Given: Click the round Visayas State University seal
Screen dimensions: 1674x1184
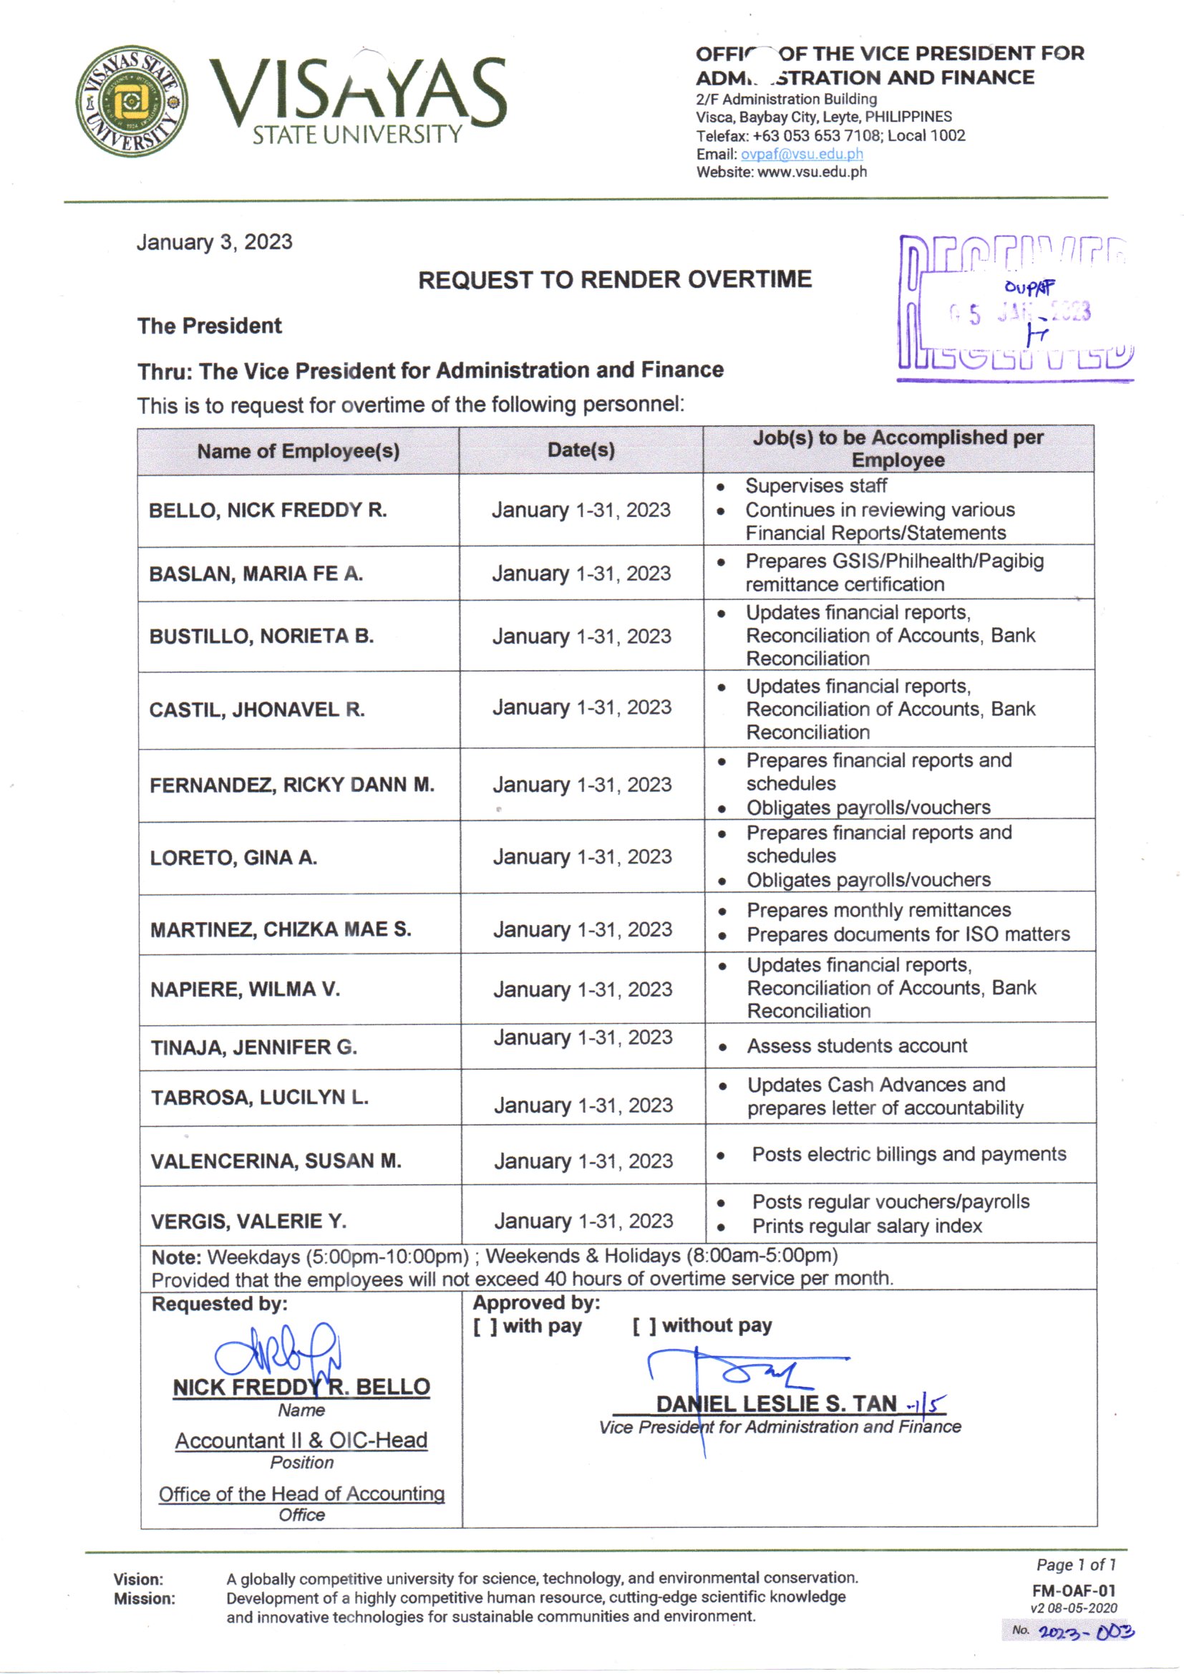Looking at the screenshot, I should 132,101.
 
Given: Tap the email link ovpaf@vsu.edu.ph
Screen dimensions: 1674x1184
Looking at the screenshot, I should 801,155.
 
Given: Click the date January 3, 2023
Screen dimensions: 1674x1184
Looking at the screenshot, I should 214,242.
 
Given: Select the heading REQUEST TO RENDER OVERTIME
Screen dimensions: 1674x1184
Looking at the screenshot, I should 615,279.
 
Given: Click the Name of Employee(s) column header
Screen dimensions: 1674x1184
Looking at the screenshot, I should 299,451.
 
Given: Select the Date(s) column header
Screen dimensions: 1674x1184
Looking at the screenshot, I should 581,450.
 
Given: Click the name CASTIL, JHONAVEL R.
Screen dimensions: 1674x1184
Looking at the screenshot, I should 257,710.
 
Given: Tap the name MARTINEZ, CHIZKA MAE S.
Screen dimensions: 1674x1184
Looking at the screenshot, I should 281,929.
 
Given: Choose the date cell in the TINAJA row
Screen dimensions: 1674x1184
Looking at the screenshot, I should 583,1037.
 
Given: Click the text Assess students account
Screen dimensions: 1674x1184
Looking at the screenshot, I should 857,1046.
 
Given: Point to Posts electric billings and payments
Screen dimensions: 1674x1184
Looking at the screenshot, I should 908,1154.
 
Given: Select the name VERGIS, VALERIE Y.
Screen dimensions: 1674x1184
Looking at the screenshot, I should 248,1221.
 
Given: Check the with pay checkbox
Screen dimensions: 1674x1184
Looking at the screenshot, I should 485,1326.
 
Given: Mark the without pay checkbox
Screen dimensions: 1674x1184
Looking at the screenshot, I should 644,1326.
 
